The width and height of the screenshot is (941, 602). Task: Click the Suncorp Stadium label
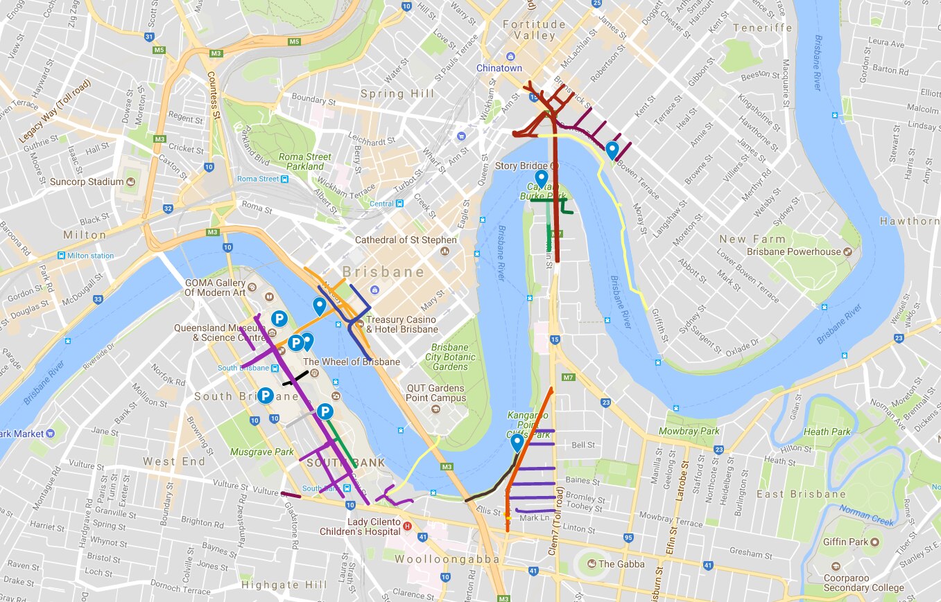pyautogui.click(x=86, y=182)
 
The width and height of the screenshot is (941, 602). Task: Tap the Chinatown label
pyautogui.click(x=499, y=68)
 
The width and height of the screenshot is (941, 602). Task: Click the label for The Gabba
pyautogui.click(x=621, y=563)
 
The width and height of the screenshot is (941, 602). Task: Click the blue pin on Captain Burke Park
pyautogui.click(x=542, y=179)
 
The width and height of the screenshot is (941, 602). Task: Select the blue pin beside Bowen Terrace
pyautogui.click(x=612, y=150)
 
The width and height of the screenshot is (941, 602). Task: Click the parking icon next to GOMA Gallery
pyautogui.click(x=279, y=319)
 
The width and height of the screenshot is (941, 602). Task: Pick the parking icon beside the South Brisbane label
pyautogui.click(x=265, y=396)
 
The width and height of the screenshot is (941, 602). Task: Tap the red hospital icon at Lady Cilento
pyautogui.click(x=407, y=526)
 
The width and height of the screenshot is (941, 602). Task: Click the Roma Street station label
pyautogui.click(x=257, y=179)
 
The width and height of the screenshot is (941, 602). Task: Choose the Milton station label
pyautogui.click(x=89, y=256)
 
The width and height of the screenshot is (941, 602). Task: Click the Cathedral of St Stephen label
pyautogui.click(x=406, y=240)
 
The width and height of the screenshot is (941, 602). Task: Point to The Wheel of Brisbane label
pyautogui.click(x=351, y=362)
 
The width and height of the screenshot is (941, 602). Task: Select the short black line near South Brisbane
pyautogui.click(x=295, y=378)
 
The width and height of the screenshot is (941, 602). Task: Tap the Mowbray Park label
pyautogui.click(x=689, y=431)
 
